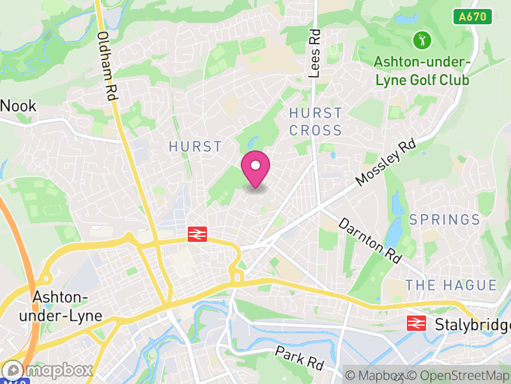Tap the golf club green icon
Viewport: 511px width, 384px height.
click(422, 40)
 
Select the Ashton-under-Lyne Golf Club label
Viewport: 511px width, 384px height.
click(422, 71)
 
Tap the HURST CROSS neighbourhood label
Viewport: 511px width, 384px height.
click(316, 122)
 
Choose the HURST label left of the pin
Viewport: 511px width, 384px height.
click(195, 147)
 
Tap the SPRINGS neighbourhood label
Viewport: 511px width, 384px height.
click(445, 220)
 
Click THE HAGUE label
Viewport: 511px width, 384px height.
click(451, 285)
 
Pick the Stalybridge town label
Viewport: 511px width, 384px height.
click(472, 324)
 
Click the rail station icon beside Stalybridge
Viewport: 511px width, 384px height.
click(416, 323)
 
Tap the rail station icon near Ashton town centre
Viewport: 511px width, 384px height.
click(197, 235)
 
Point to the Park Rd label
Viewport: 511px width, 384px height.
click(300, 358)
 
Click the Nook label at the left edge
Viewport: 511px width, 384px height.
click(18, 106)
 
